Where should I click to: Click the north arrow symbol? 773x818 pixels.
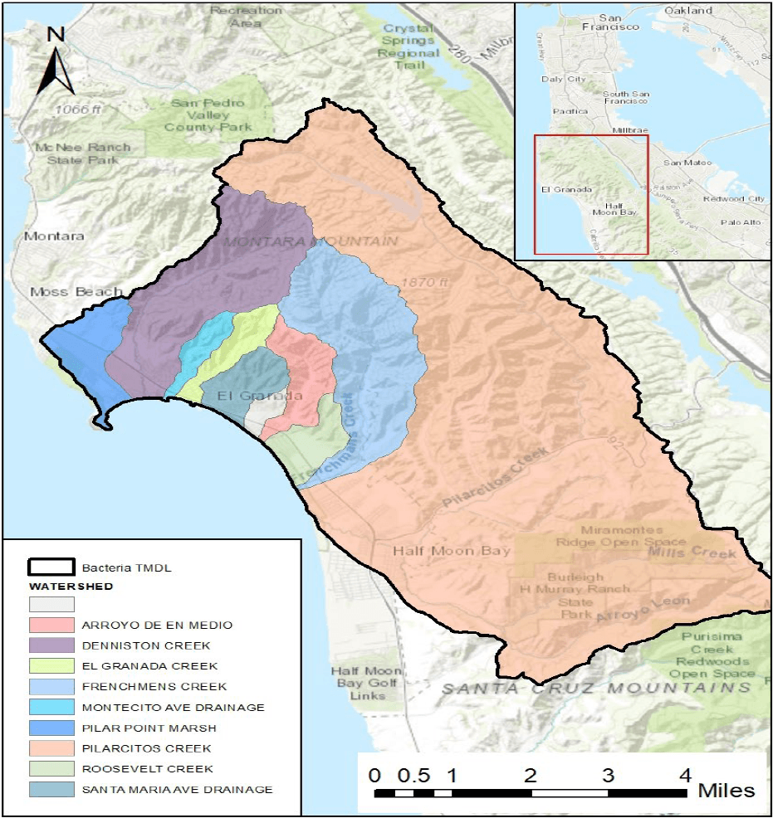[56, 61]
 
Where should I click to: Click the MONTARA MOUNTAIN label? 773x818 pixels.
[309, 241]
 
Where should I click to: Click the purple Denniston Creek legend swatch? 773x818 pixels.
[51, 645]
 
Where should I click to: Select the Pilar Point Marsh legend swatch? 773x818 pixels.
[51, 728]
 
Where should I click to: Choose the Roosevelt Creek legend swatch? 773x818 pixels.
[51, 769]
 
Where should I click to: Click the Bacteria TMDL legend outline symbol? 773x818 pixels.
[51, 568]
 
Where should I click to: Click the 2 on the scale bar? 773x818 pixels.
[530, 776]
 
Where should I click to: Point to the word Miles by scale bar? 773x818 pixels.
[727, 790]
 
